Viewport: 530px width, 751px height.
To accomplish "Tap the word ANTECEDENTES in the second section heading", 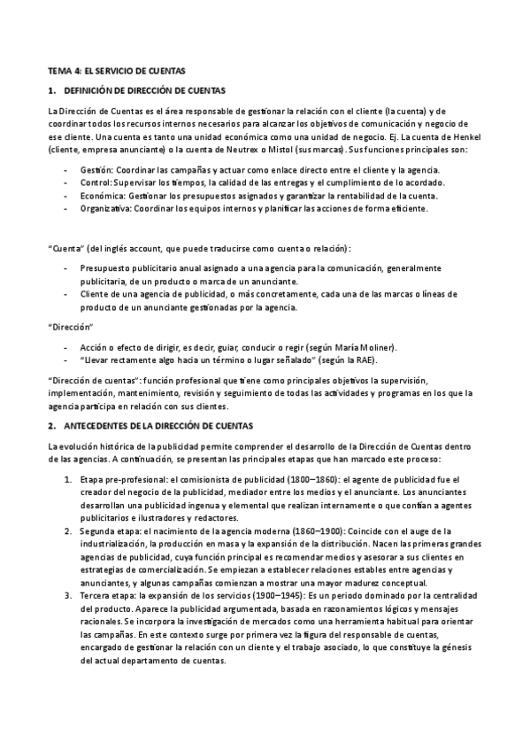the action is pos(97,426).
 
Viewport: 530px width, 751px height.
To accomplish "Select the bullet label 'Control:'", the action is pos(94,182).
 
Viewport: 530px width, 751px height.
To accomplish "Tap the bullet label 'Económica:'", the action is pos(99,195).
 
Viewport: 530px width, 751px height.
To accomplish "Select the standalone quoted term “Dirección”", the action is pos(67,327).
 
